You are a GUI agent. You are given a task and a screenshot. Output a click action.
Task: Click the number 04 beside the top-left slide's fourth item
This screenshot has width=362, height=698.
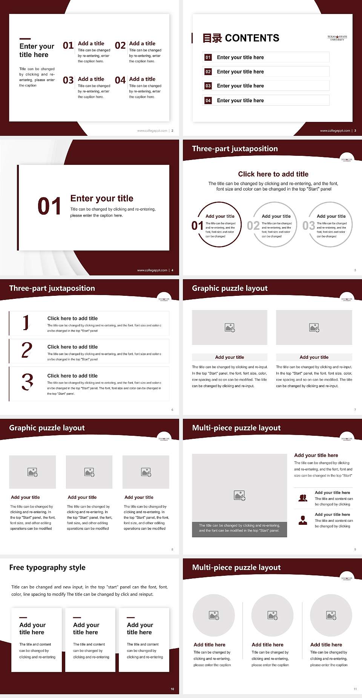(120, 80)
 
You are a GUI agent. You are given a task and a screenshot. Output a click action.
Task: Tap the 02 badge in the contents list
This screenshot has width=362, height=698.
(208, 72)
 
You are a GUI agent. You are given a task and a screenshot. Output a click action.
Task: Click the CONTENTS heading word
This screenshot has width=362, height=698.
(252, 38)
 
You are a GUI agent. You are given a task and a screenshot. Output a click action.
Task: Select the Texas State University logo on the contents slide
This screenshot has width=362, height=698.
(337, 38)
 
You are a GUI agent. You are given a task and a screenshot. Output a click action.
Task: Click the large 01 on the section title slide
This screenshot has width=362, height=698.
(49, 206)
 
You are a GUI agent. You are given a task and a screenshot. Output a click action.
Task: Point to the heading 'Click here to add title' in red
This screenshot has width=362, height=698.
(273, 174)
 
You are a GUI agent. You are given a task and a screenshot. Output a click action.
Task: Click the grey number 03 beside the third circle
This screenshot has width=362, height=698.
(309, 226)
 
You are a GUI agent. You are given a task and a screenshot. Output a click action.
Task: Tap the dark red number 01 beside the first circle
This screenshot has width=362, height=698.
(197, 226)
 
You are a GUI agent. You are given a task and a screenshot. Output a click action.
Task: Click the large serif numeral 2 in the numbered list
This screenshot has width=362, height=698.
(27, 350)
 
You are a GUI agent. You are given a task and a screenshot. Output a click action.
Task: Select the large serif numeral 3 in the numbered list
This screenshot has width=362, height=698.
(27, 381)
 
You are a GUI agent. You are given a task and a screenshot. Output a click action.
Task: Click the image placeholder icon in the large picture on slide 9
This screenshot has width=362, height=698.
(239, 495)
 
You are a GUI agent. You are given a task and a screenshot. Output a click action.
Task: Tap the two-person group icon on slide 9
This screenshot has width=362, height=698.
(303, 498)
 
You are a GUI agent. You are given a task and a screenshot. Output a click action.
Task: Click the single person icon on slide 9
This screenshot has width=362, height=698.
(303, 520)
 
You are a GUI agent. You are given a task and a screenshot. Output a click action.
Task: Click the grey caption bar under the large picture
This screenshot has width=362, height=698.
(239, 528)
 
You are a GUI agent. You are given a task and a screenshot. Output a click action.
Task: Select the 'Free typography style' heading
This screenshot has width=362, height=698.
(48, 567)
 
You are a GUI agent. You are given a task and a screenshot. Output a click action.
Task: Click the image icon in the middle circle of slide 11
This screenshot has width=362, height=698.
(273, 615)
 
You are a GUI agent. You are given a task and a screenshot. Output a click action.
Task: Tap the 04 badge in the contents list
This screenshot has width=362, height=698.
(208, 100)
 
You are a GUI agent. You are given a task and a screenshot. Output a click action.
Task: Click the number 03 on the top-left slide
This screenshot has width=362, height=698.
(68, 80)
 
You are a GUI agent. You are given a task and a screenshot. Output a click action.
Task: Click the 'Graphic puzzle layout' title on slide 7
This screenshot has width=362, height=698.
(230, 288)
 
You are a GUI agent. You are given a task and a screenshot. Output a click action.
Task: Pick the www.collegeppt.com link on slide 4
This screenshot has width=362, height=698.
(152, 270)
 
